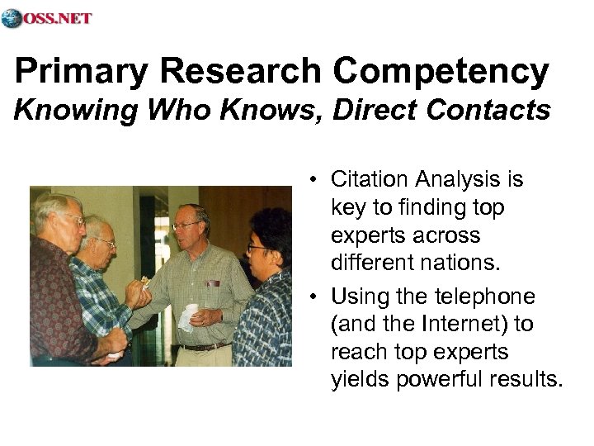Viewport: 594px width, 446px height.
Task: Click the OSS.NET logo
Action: [x=47, y=18]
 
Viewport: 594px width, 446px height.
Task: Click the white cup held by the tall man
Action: [x=191, y=313]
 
